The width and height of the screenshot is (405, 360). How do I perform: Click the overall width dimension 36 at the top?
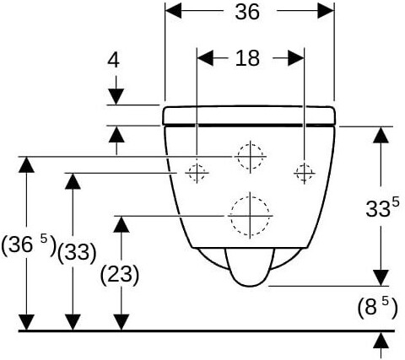tap(247, 12)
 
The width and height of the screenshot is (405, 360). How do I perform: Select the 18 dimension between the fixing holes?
tap(247, 58)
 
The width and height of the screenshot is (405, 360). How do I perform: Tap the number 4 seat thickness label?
tap(114, 61)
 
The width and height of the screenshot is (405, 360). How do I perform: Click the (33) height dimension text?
tap(77, 252)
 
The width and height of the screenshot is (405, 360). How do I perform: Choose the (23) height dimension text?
tap(120, 275)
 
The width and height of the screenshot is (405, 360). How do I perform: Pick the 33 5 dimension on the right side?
tap(382, 207)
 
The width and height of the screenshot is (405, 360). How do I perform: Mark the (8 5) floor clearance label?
tap(377, 307)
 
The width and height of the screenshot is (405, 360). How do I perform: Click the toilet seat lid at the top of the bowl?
tap(249, 116)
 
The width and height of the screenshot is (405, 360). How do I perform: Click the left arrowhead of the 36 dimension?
tap(173, 11)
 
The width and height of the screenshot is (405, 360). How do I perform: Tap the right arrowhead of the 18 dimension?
tap(296, 58)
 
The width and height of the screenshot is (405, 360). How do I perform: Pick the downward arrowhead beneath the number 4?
tap(116, 96)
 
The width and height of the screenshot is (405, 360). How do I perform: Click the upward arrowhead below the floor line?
tap(381, 341)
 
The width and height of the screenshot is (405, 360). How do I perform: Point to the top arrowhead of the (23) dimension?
tap(121, 224)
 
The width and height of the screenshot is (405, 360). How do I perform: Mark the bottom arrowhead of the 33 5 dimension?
tap(381, 278)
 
